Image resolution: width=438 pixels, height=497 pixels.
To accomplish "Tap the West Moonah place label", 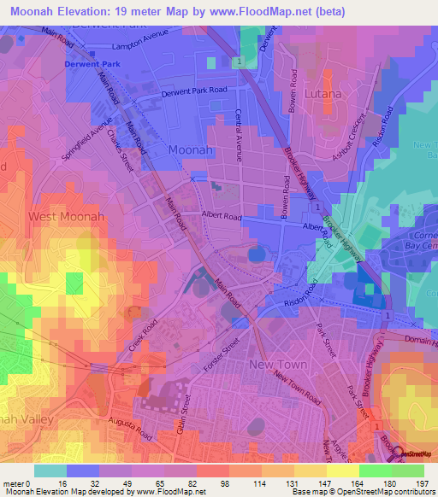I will pos(67,217).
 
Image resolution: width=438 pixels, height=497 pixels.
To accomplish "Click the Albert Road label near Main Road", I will pos(222,217).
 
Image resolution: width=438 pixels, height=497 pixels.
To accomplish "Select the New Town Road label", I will pos(297,386).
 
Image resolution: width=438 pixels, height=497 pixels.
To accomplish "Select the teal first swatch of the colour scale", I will pos(50,471).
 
